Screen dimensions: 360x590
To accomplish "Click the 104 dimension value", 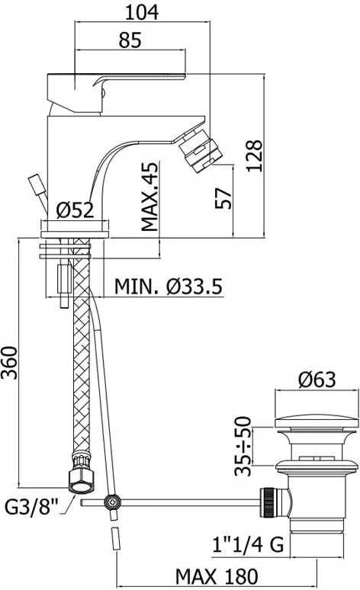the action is click(142, 12).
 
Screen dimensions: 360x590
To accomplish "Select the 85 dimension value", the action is click(130, 40).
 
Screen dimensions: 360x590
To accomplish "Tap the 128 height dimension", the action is click(254, 156).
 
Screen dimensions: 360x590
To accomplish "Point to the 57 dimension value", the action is click(223, 198).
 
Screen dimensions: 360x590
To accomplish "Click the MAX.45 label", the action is click(150, 197).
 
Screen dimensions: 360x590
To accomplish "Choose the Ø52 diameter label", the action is click(75, 210).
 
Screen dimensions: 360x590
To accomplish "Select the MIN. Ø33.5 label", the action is click(169, 287).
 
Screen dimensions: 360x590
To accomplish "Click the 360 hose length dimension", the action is click(9, 363).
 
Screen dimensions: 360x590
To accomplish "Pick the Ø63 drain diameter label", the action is click(317, 380).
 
